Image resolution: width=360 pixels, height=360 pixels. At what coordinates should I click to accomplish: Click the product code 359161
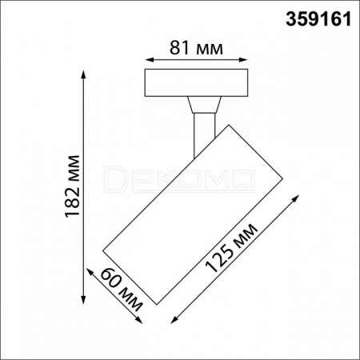(x=318, y=19)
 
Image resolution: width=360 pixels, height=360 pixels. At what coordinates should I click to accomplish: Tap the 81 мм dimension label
(x=196, y=48)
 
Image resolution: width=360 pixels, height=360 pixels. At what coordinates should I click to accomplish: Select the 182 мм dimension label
(x=73, y=186)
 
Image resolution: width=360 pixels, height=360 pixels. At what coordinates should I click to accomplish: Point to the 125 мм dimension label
(x=231, y=249)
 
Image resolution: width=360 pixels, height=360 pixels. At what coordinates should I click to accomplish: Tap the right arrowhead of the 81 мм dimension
(x=243, y=59)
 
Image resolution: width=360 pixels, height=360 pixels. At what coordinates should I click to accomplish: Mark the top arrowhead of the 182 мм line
(x=84, y=75)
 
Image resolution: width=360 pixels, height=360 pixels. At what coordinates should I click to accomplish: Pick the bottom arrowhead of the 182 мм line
(x=84, y=299)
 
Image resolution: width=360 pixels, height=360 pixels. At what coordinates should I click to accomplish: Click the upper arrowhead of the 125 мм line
(x=295, y=198)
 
